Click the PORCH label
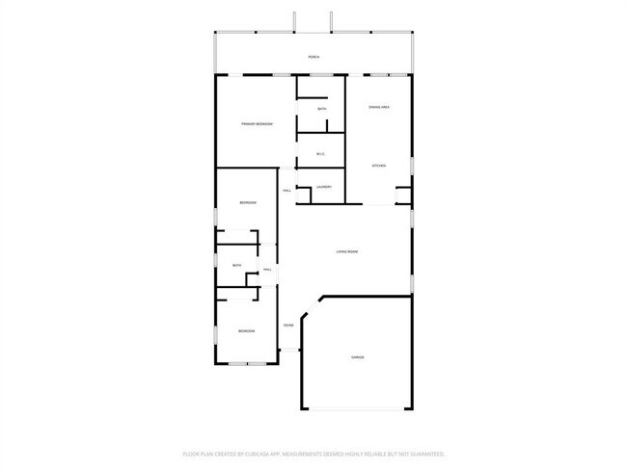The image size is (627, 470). (313, 58)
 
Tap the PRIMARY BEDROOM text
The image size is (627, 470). (257, 124)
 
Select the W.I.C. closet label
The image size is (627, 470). (321, 154)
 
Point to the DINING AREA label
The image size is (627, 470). (378, 107)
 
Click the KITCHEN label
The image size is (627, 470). (379, 166)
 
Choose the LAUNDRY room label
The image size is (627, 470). (323, 187)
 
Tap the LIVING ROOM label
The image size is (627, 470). (347, 252)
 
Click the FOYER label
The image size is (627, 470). (287, 325)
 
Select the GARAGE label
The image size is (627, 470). (358, 357)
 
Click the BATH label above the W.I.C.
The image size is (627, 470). (321, 110)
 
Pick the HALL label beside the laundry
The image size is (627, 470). (287, 191)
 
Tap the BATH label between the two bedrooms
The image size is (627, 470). (236, 266)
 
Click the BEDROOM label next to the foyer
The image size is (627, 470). (247, 331)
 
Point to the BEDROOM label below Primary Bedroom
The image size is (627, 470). (248, 202)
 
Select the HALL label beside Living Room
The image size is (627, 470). (267, 271)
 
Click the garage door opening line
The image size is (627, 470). (358, 410)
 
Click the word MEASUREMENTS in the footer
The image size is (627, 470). (308, 453)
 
